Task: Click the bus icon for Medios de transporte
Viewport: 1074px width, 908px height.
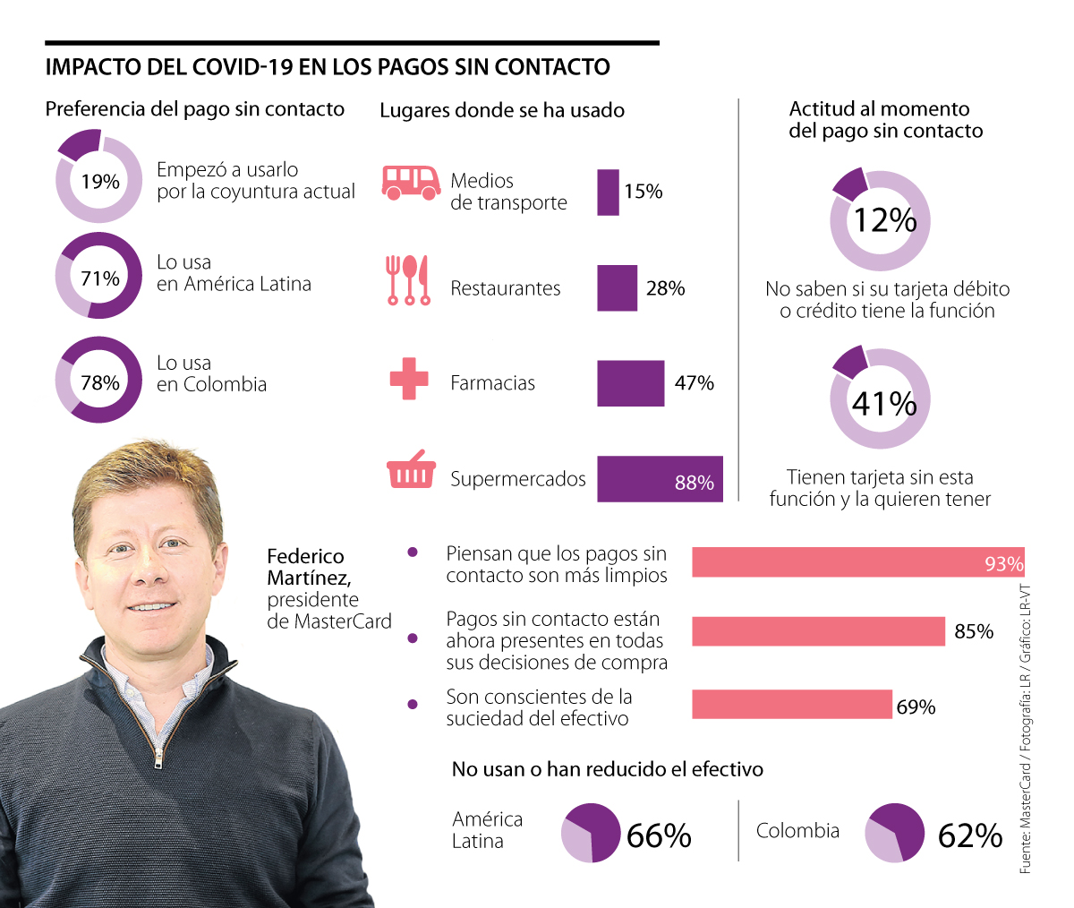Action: pyautogui.click(x=411, y=182)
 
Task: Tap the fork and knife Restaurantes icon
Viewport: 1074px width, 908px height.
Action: pyautogui.click(x=407, y=279)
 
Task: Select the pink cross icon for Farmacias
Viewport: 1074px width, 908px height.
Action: pyautogui.click(x=409, y=379)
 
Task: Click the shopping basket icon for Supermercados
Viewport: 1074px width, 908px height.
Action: pyautogui.click(x=411, y=473)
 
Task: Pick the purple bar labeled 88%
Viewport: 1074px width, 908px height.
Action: pyautogui.click(x=660, y=479)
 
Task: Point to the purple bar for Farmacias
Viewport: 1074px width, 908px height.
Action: pyautogui.click(x=630, y=383)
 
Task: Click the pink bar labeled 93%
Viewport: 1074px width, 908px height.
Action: pyautogui.click(x=857, y=562)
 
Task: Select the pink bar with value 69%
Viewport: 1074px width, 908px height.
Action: pyautogui.click(x=791, y=704)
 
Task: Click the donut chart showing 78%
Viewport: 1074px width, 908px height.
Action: pyautogui.click(x=98, y=380)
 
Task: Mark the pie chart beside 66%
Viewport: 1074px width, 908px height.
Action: pyautogui.click(x=590, y=833)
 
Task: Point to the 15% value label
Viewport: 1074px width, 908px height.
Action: pyautogui.click(x=644, y=192)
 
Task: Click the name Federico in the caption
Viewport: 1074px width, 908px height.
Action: pyautogui.click(x=305, y=556)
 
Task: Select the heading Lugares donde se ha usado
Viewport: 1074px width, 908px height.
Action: pyautogui.click(x=502, y=110)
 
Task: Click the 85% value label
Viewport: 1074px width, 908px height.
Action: pyautogui.click(x=974, y=631)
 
